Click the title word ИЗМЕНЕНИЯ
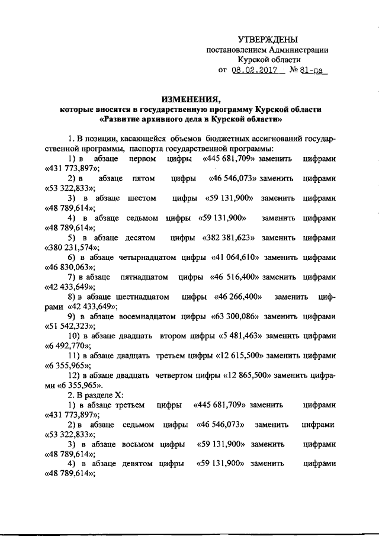coord(191,98)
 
